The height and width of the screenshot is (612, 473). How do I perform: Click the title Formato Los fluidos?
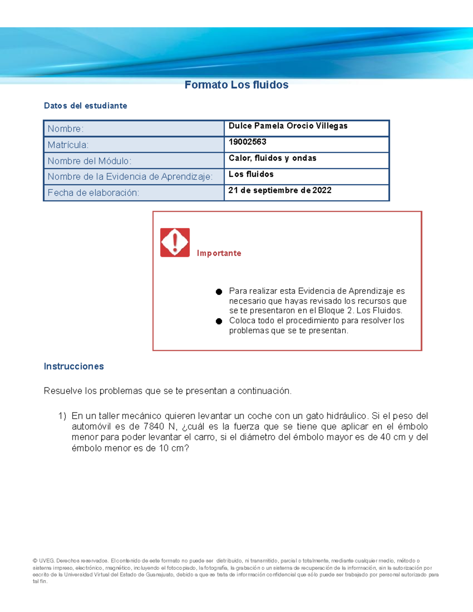point(236,85)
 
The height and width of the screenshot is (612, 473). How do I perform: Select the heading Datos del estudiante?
point(86,106)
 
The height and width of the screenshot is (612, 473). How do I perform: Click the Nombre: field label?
point(65,129)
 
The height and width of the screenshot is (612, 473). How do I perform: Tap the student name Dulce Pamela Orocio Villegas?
point(288,126)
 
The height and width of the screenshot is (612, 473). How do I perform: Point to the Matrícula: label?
point(68,145)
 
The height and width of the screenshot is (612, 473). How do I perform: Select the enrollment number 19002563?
point(247,142)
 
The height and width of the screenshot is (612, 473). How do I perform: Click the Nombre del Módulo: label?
point(89,161)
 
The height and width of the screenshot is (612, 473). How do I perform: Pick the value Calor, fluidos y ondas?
point(272,158)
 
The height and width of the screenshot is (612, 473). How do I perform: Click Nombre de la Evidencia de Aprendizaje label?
point(130,177)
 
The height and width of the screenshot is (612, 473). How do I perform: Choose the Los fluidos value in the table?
point(251,174)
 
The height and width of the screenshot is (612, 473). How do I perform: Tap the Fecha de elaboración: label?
point(93,193)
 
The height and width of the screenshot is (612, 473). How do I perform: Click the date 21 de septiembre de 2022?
point(280,190)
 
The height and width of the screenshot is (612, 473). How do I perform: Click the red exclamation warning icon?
point(175,242)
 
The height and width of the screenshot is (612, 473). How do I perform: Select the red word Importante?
point(219,253)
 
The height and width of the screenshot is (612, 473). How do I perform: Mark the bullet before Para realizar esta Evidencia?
point(219,292)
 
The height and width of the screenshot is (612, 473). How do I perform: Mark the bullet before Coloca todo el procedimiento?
point(219,321)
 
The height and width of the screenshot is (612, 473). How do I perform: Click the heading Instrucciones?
point(74,366)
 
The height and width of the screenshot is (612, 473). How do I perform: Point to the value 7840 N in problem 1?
point(160,426)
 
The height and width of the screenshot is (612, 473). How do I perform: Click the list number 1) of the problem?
point(62,416)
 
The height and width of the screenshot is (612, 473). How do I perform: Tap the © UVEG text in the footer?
point(43,561)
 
